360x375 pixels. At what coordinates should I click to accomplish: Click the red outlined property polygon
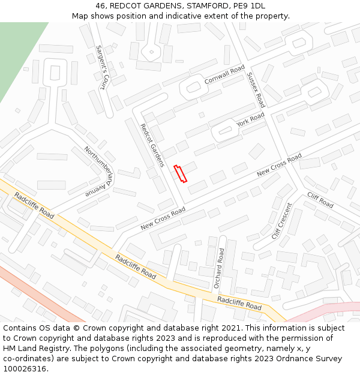180,173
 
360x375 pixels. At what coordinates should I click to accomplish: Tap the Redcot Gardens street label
152,146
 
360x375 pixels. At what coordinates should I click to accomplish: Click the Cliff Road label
320,200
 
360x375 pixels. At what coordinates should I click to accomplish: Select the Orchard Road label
221,268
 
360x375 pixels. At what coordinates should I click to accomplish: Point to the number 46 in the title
100,5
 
